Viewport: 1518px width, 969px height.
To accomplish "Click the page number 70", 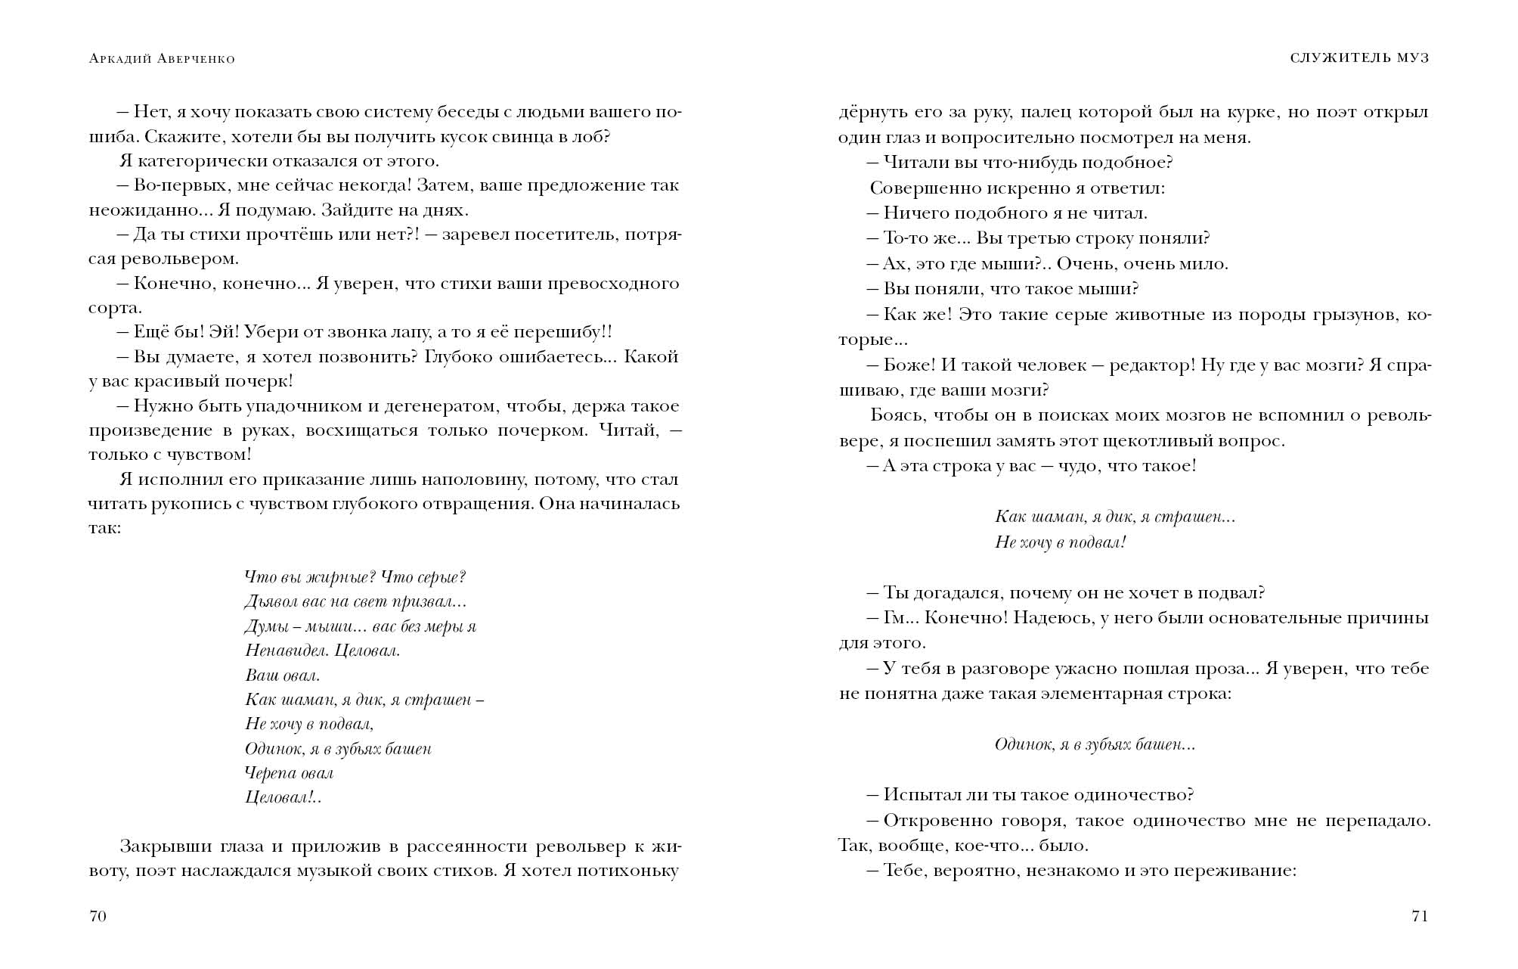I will [98, 917].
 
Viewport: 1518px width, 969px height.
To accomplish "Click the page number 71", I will [1420, 917].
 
